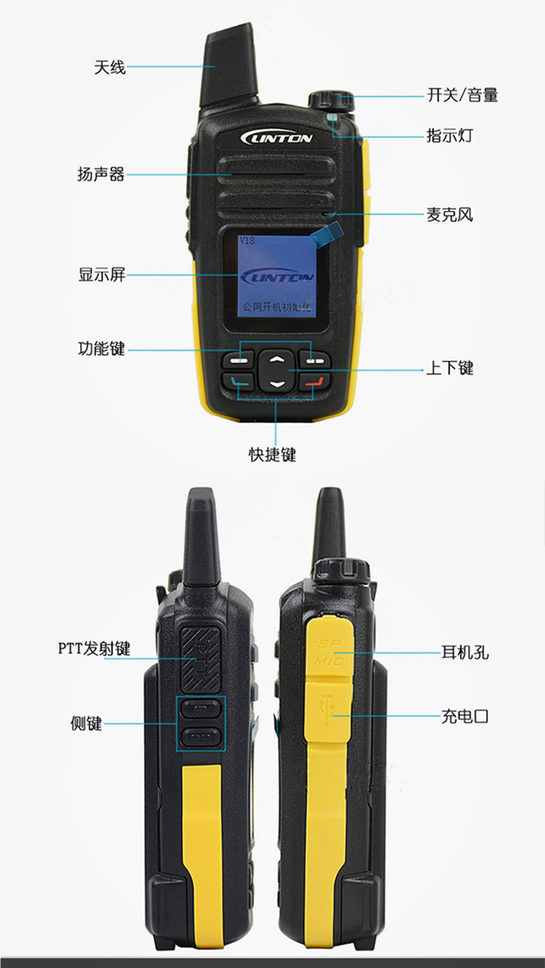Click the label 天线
tap(110, 68)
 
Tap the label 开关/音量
tap(462, 96)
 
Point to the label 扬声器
tap(101, 174)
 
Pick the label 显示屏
tap(101, 274)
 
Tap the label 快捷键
tap(272, 454)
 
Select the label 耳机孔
tap(466, 652)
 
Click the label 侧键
tap(86, 724)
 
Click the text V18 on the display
tap(247, 240)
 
